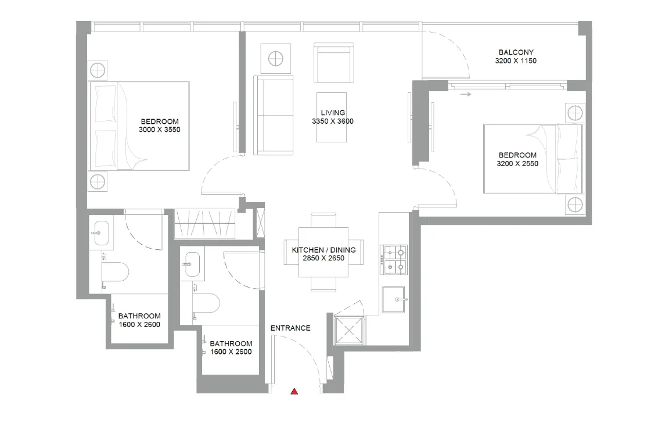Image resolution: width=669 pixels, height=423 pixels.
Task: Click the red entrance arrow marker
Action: [x=294, y=392]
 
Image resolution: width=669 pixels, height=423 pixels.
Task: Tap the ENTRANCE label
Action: [x=290, y=328]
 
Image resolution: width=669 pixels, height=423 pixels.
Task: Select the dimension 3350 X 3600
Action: [x=333, y=122]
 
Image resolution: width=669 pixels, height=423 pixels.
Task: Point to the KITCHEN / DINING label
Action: [x=323, y=250]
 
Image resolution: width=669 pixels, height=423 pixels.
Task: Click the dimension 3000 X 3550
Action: [x=160, y=130]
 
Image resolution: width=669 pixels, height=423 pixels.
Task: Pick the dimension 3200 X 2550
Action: [x=517, y=164]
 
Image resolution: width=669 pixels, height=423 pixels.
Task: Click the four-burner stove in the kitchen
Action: [x=394, y=260]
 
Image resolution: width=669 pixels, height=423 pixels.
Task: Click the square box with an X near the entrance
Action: [x=350, y=331]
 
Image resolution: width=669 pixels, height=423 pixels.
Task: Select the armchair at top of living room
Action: [x=333, y=63]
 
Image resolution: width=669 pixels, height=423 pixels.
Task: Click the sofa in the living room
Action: [x=274, y=115]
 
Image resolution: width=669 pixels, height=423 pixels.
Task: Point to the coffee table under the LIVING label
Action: [x=332, y=117]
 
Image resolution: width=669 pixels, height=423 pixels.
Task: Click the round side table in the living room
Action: [x=275, y=58]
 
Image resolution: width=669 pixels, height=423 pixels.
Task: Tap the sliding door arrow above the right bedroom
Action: [x=465, y=94]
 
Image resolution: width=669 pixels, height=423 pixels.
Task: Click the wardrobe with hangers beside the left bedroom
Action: [x=204, y=224]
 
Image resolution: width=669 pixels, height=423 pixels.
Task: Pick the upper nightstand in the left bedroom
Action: [x=98, y=70]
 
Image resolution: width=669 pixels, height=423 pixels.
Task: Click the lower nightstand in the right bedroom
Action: [x=574, y=205]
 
